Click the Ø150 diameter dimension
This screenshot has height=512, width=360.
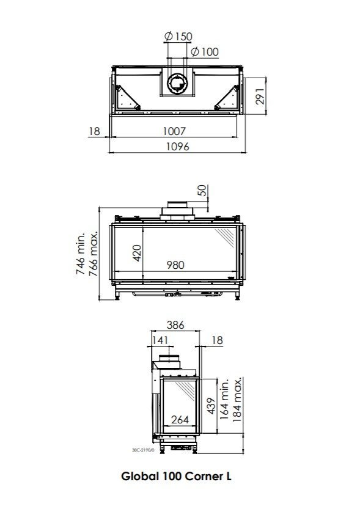(178, 37)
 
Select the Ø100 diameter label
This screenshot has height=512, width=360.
(205, 51)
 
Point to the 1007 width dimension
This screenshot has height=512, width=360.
(174, 131)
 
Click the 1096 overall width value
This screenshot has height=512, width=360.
(178, 146)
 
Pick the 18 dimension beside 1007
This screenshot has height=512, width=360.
(94, 131)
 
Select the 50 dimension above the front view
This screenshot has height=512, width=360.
(202, 191)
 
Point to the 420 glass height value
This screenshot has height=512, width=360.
(137, 253)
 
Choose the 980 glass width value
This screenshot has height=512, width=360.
(175, 265)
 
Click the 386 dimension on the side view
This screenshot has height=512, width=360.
(175, 326)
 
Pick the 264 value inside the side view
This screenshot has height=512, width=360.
(179, 420)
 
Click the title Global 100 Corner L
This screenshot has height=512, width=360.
(176, 476)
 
